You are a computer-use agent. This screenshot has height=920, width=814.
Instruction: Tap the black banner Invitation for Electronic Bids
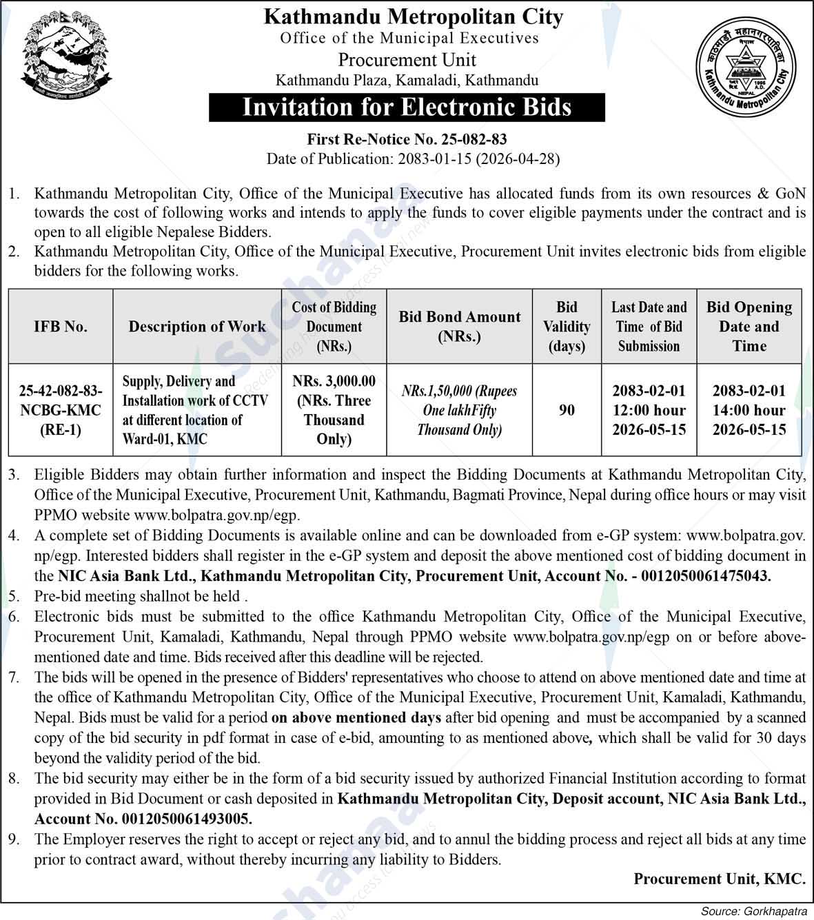click(x=407, y=108)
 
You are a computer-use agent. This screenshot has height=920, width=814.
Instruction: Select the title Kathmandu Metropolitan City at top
click(x=414, y=17)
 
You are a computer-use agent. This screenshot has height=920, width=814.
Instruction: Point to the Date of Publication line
click(x=413, y=159)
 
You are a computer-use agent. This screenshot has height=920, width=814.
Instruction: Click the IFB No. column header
click(x=61, y=327)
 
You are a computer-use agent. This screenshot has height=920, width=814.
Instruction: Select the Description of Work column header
click(x=197, y=327)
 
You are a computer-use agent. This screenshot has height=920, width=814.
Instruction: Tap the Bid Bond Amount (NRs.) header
click(x=460, y=327)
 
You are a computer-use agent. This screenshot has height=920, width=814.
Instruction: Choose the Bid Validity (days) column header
click(x=567, y=327)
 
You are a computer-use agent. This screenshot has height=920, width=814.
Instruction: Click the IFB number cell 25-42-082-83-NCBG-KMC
click(x=61, y=410)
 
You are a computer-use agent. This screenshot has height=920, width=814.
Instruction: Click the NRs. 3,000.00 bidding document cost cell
click(x=334, y=410)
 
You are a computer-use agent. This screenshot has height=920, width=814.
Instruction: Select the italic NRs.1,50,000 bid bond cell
click(x=460, y=410)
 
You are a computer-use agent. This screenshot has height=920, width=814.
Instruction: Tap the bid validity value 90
click(x=567, y=410)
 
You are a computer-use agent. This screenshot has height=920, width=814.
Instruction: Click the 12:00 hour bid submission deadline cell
click(x=649, y=410)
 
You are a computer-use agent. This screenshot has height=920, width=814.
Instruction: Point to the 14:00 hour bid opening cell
click(x=749, y=410)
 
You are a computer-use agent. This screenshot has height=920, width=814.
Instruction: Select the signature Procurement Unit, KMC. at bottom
click(x=719, y=879)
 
